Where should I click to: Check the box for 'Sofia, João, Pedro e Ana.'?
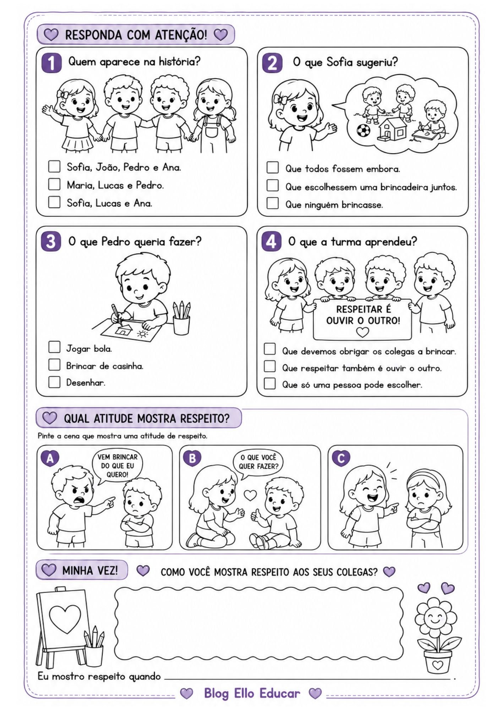coord(54,166)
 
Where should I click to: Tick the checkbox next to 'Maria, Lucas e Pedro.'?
coord(54,184)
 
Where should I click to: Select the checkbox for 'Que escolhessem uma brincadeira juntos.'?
coord(273,185)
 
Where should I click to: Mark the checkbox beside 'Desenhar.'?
coord(54,382)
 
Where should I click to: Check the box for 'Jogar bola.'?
coord(54,347)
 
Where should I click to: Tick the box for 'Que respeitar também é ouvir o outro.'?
coord(270,366)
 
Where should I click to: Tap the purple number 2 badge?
coord(272,63)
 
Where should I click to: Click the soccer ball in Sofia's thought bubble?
coord(363,130)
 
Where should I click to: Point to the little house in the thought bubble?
coord(392,128)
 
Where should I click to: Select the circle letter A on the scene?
coord(50,459)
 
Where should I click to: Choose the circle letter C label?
coord(341,458)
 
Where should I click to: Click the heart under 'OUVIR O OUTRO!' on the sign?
coord(362,332)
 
